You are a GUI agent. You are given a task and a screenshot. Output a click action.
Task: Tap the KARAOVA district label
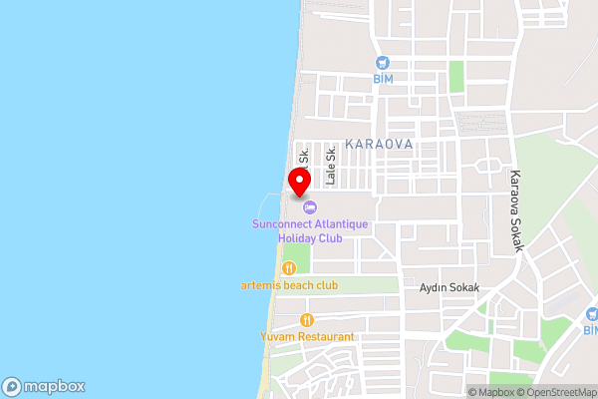tap(378, 145)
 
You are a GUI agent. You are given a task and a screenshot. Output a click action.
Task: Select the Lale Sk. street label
tap(331, 166)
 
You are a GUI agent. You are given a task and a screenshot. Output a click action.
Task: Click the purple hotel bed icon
tap(310, 207)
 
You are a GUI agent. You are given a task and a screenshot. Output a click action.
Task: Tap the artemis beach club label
tap(289, 285)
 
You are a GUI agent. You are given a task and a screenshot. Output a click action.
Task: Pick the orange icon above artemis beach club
tap(289, 267)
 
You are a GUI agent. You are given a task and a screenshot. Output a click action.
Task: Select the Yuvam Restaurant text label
tap(307, 337)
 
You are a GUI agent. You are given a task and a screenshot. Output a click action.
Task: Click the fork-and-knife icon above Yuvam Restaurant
tap(307, 320)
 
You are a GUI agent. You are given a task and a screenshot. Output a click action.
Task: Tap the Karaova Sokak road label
tap(516, 208)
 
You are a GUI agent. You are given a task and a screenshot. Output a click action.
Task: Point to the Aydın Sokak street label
tap(449, 287)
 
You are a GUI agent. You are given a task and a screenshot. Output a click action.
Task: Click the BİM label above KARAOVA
tap(385, 79)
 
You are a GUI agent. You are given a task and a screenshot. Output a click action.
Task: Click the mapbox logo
tap(43, 386)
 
